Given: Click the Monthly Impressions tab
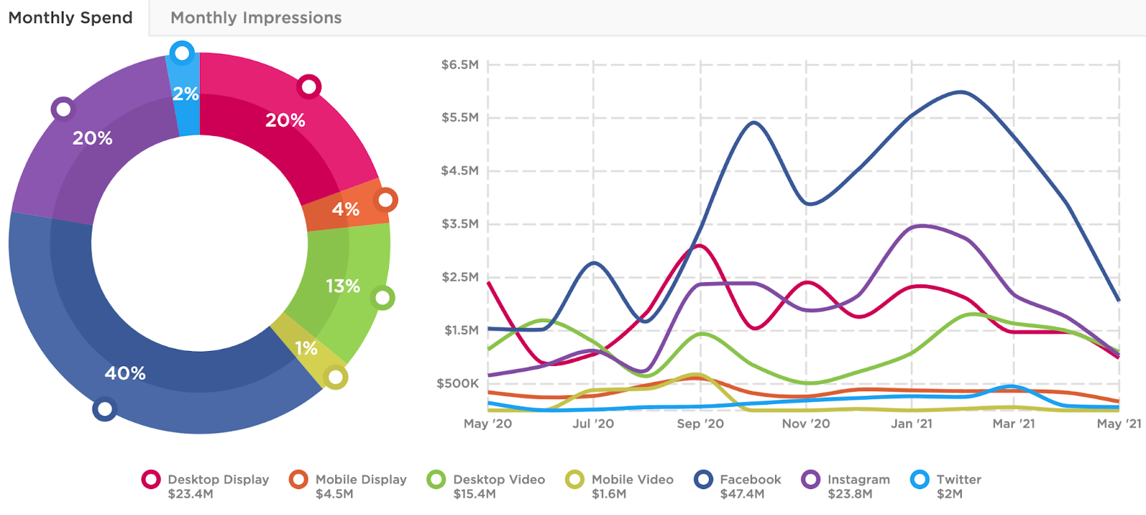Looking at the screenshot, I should click(x=256, y=18).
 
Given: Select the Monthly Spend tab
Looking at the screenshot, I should click(x=70, y=18).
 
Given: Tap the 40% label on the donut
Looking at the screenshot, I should click(x=125, y=373).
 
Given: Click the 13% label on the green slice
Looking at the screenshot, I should click(x=343, y=287).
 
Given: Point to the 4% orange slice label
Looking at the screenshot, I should click(x=345, y=209).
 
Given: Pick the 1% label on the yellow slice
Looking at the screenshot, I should click(x=306, y=349).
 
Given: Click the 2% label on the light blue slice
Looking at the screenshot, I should click(x=186, y=94).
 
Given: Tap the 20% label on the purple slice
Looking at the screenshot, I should click(x=92, y=138).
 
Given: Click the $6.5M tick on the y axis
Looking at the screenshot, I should click(x=460, y=65).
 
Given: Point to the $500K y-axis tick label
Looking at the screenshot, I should click(x=458, y=384).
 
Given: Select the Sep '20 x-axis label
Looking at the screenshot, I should click(x=700, y=424).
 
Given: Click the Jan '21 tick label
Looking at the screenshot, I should click(x=911, y=424).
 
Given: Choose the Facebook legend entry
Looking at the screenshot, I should click(x=750, y=480).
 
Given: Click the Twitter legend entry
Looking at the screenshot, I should click(x=958, y=480).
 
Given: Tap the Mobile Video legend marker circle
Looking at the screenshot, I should click(x=574, y=480).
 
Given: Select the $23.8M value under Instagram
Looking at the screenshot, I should click(x=849, y=494).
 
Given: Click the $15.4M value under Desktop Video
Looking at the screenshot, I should click(x=474, y=494).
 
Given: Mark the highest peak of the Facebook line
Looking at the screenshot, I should click(x=960, y=92).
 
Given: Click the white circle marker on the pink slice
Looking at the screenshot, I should click(x=309, y=87).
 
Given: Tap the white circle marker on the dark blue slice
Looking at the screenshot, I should click(x=105, y=409).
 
